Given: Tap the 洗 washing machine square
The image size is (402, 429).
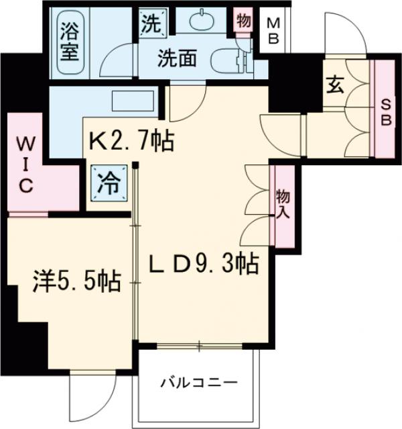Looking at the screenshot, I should tap(151, 23).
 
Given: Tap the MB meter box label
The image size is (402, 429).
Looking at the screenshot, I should tap(273, 31).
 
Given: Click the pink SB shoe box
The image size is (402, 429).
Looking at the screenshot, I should tap(384, 110).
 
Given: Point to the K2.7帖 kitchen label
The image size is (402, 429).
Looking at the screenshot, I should tap(132, 142).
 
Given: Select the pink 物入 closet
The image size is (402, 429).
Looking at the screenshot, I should tap(282, 205).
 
